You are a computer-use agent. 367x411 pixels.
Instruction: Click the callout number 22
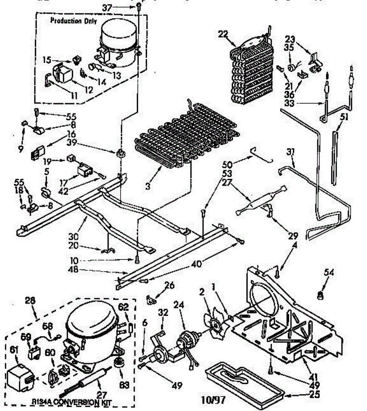[x=223, y=34]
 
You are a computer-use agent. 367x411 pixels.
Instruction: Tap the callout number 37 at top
[x=107, y=7]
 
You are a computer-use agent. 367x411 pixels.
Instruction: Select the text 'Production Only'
[x=73, y=21]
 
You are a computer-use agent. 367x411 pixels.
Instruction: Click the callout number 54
[x=328, y=273]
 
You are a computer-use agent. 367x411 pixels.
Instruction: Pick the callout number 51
[x=344, y=117]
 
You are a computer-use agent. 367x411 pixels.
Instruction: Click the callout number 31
[x=291, y=151]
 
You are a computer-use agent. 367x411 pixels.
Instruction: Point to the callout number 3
[x=148, y=186]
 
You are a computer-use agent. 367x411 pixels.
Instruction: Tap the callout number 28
[x=30, y=301]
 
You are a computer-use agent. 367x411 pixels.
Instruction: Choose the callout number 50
[x=227, y=165]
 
